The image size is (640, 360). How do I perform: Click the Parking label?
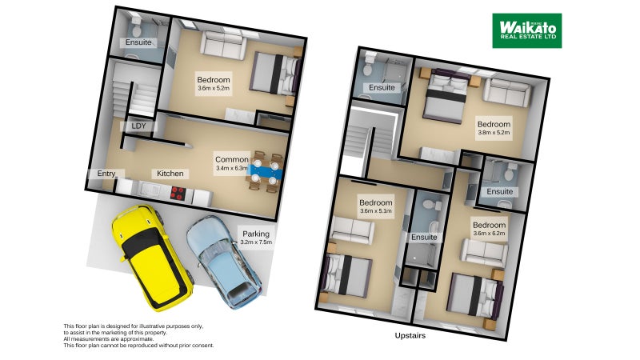tap(256, 234)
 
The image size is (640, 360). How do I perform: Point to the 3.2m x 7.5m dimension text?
tap(256, 242)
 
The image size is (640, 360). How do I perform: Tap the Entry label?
tap(106, 174)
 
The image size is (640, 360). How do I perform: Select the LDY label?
tap(138, 126)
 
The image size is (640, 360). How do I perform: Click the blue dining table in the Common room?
tap(266, 170)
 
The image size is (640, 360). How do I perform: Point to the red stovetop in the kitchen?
tap(178, 192)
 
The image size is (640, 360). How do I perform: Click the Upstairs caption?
tap(410, 336)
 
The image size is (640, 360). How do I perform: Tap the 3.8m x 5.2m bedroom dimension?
tap(494, 134)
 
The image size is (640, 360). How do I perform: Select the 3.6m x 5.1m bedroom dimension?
tap(375, 210)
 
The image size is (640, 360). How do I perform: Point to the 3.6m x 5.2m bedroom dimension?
tap(214, 90)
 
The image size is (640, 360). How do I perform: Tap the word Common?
tap(232, 159)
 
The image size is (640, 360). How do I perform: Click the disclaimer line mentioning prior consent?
tap(138, 346)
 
